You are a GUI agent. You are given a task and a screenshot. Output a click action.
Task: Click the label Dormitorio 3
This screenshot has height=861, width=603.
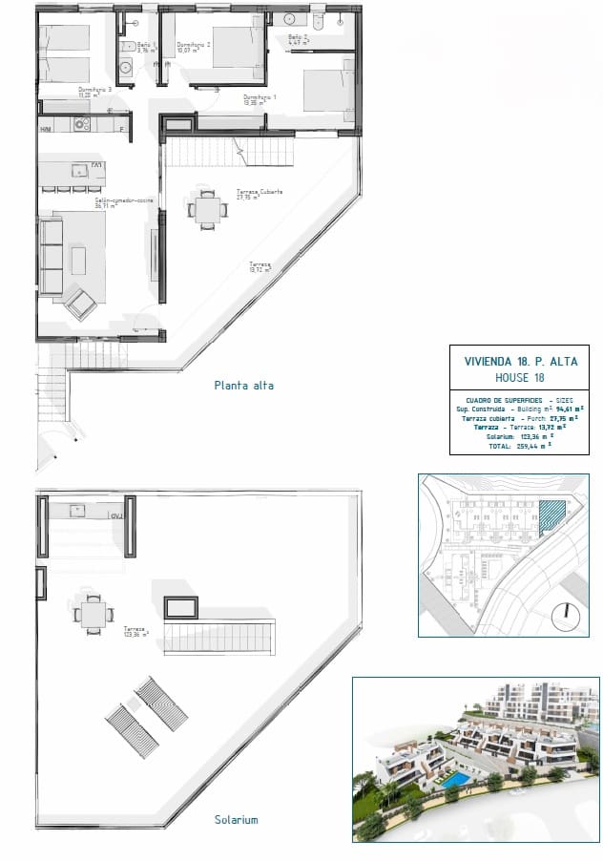tap(96, 92)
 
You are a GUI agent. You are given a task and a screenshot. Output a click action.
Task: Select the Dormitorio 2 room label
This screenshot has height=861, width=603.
tap(194, 46)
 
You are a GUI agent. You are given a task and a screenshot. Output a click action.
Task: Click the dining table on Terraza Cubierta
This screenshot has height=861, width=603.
tap(207, 210)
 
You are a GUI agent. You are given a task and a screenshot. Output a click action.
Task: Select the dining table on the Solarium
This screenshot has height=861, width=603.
tap(94, 614)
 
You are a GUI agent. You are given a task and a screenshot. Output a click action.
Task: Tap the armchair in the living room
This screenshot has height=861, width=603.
tap(80, 304)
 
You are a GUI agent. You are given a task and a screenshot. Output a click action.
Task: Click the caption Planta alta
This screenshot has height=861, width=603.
tap(244, 386)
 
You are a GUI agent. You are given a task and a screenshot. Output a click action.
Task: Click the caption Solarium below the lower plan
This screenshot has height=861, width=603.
tap(237, 819)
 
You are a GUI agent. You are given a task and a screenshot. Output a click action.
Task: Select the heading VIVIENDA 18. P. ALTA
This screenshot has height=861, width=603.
tap(520, 362)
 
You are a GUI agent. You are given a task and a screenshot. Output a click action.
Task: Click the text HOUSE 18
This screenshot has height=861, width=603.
tap(520, 378)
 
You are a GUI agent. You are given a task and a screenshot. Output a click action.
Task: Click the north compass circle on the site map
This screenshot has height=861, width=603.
tap(569, 617)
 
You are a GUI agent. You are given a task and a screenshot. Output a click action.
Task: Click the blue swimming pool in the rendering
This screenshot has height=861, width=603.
tap(455, 781)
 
